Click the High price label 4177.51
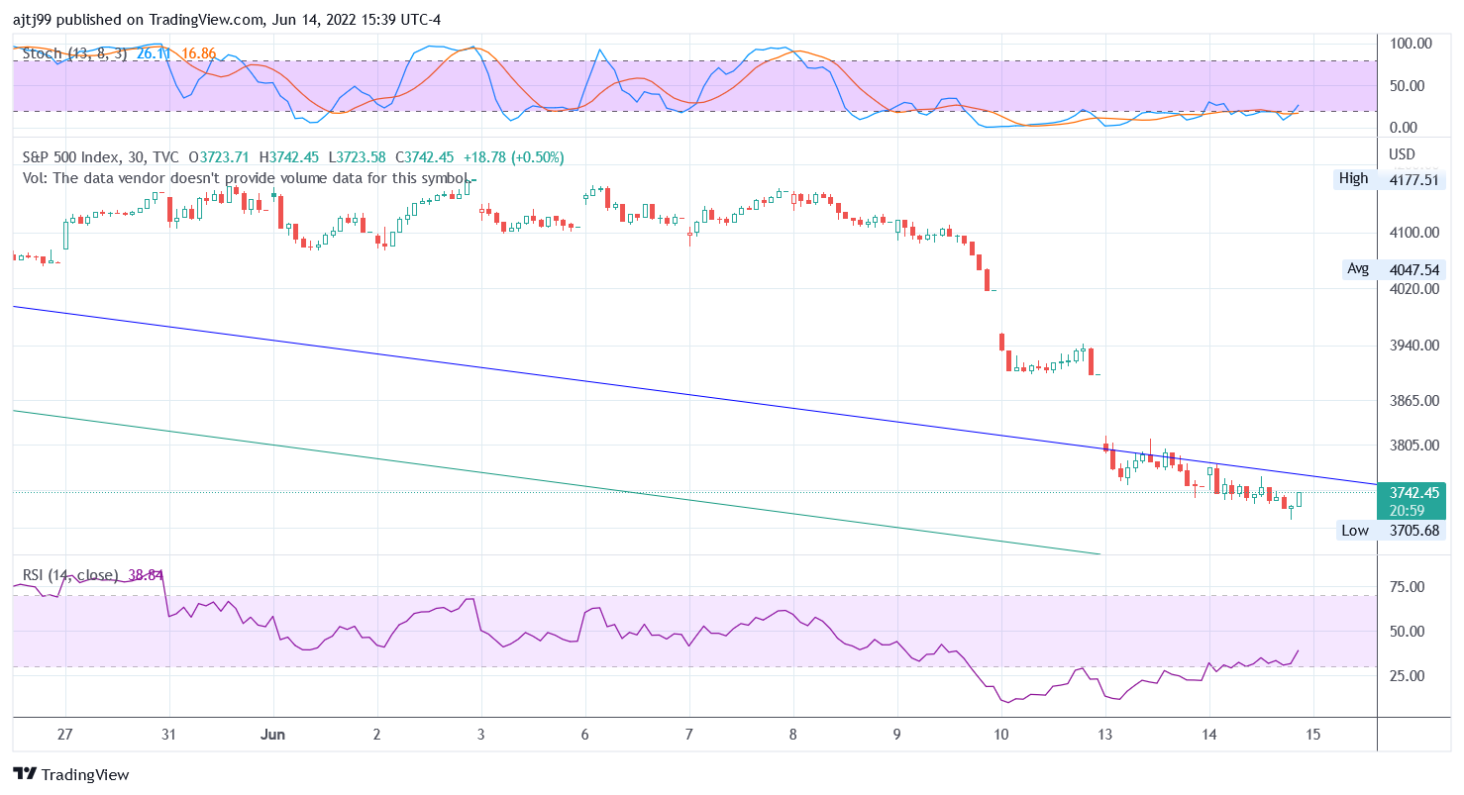[x=1416, y=179]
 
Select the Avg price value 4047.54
[x=1416, y=269]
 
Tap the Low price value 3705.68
[x=1416, y=531]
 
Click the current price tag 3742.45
[x=1414, y=492]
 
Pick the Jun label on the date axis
[x=273, y=735]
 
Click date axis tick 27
[x=65, y=735]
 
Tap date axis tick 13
[x=1105, y=735]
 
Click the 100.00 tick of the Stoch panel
[x=1411, y=44]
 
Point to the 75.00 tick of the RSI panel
[x=1408, y=587]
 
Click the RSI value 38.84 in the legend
[x=146, y=575]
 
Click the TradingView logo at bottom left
[x=71, y=775]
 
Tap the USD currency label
[x=1403, y=154]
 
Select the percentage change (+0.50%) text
[x=534, y=157]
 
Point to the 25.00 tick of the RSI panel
[x=1408, y=676]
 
